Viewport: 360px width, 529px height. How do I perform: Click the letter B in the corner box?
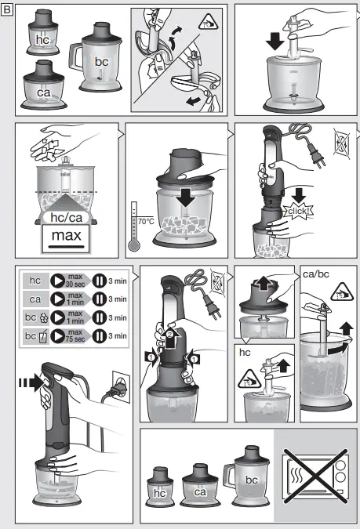click(7, 9)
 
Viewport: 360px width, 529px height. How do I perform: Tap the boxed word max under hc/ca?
click(64, 235)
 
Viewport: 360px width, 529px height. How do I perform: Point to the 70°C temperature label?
click(144, 223)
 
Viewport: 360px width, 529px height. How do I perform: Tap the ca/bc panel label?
click(316, 274)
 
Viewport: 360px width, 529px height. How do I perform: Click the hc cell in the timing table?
click(35, 281)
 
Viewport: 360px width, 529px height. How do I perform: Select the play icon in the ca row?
click(58, 299)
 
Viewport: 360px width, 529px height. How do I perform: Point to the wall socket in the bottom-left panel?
click(117, 384)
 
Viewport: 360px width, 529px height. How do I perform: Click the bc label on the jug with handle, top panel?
click(102, 61)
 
